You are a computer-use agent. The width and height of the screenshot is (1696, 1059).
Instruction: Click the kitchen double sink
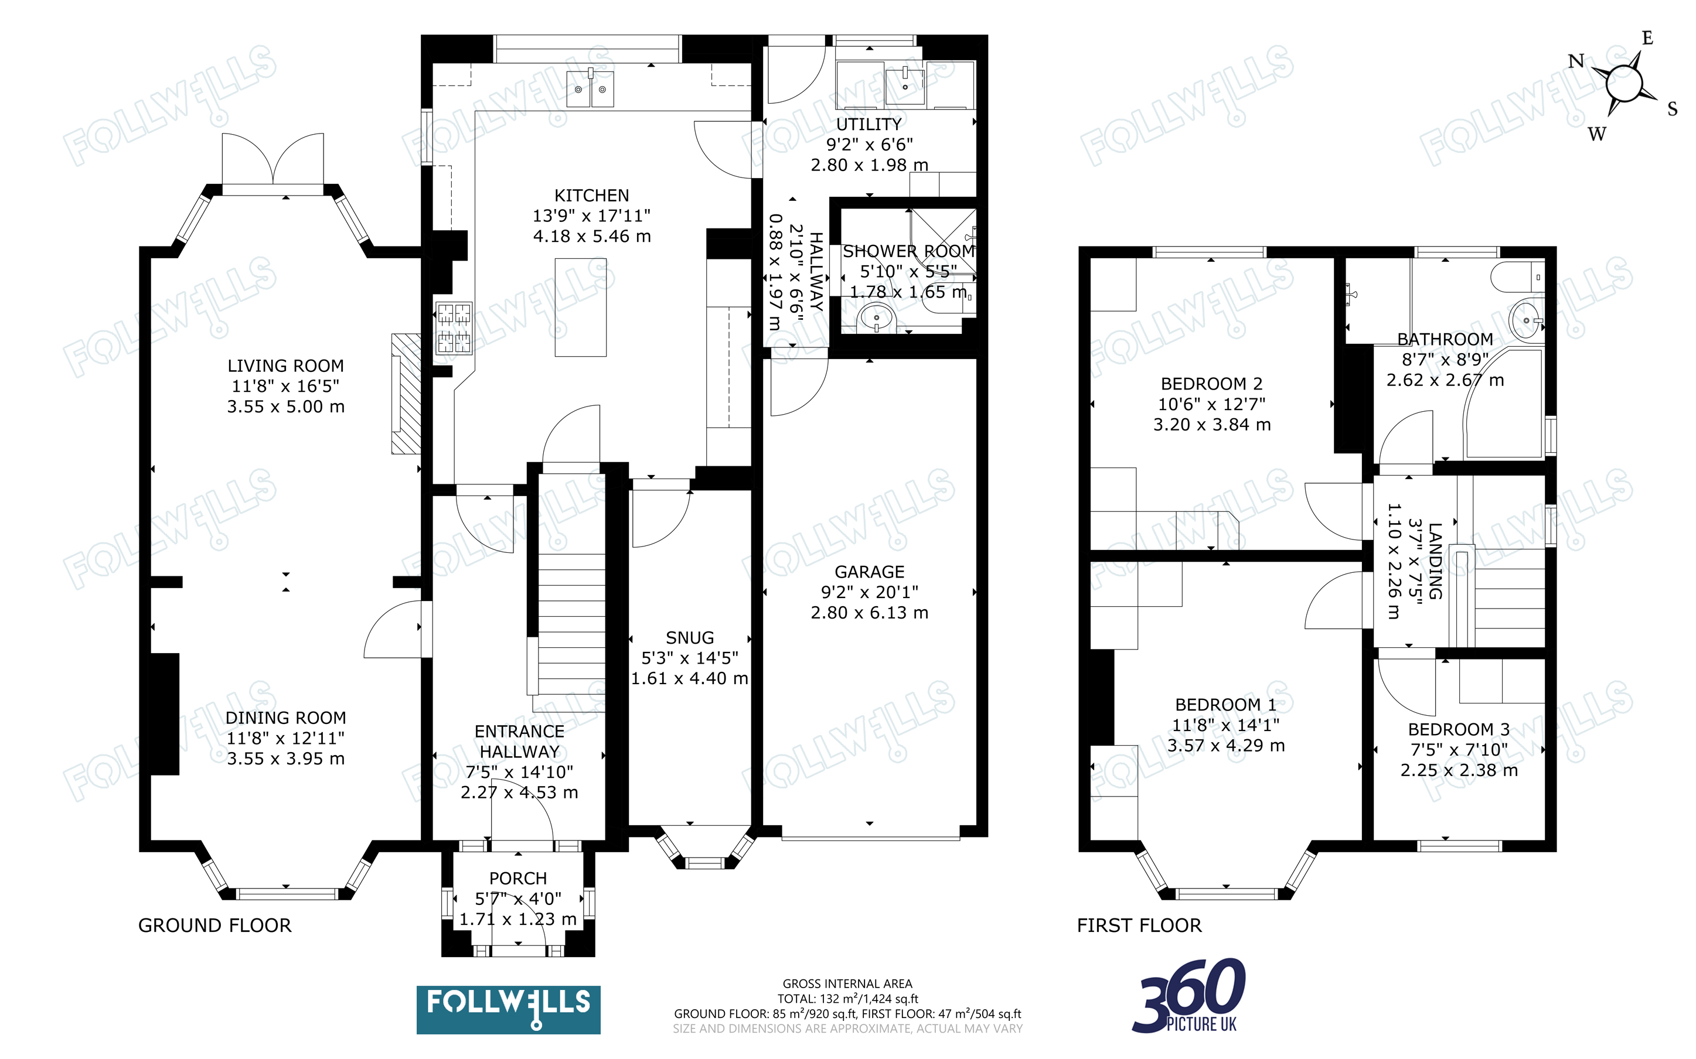pyautogui.click(x=590, y=88)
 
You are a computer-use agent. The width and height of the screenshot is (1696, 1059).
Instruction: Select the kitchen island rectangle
pyautogui.click(x=581, y=308)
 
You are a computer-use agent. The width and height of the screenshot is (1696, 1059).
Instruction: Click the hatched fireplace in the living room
pyautogui.click(x=406, y=394)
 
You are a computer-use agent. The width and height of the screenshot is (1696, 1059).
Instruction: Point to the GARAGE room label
pyautogui.click(x=869, y=572)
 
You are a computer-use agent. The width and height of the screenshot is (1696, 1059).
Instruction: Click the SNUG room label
pyautogui.click(x=690, y=638)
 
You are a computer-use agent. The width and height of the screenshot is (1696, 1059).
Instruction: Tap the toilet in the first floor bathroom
pyautogui.click(x=1517, y=278)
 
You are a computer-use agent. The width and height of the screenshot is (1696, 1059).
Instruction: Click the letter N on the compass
pyautogui.click(x=1576, y=62)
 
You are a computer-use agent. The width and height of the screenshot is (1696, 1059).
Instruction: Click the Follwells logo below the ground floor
pyautogui.click(x=509, y=1009)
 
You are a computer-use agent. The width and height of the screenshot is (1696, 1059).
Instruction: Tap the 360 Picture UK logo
pyautogui.click(x=1189, y=996)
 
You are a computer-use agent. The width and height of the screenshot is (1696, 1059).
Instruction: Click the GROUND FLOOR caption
pyautogui.click(x=214, y=926)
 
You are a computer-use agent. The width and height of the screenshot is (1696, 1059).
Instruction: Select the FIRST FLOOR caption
pyautogui.click(x=1139, y=926)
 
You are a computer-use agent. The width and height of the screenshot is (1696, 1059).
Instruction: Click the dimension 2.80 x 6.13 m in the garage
pyautogui.click(x=869, y=613)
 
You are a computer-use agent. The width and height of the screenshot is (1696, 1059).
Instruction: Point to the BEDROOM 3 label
pyautogui.click(x=1459, y=729)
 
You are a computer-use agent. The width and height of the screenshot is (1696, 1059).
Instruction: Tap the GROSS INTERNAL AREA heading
pyautogui.click(x=847, y=984)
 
